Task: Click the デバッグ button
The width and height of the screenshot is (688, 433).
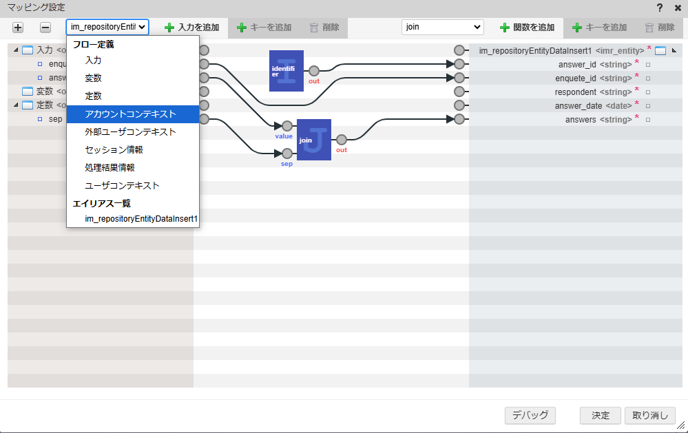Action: (x=530, y=415)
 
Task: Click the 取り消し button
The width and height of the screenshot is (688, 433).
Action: (x=650, y=415)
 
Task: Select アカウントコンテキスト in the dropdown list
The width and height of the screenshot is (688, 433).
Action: (x=130, y=114)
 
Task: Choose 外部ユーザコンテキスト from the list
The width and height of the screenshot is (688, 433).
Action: (x=130, y=132)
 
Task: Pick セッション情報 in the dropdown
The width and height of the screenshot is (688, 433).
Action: (x=114, y=150)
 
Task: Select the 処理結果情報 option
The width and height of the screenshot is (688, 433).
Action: (x=110, y=168)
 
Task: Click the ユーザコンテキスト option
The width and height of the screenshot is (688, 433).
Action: (x=122, y=186)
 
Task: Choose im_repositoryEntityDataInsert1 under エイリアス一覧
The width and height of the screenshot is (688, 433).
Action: (x=141, y=219)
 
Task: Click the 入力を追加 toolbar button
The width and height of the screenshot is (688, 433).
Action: (x=192, y=28)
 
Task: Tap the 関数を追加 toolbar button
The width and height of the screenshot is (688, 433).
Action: (x=528, y=28)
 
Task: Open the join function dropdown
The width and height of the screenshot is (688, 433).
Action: (x=442, y=28)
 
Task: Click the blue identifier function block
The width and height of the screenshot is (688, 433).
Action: (x=286, y=71)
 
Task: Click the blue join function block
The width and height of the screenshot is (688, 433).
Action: (x=314, y=140)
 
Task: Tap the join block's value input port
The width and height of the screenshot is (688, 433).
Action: (x=286, y=126)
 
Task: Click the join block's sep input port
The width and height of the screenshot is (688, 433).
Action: (x=286, y=154)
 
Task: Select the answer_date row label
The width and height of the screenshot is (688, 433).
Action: (x=578, y=106)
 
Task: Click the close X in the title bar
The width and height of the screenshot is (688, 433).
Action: (x=678, y=8)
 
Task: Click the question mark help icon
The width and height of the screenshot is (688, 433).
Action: (x=660, y=8)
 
